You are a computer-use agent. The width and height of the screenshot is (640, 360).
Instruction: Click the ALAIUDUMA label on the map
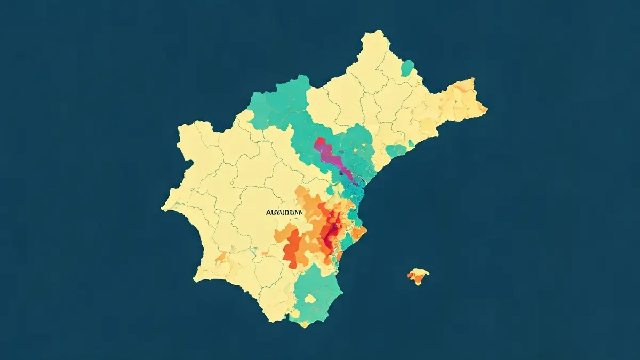(284, 212)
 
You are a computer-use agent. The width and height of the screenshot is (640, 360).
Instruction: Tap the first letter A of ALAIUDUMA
(268, 212)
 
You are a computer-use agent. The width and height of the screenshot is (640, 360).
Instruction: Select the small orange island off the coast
(418, 276)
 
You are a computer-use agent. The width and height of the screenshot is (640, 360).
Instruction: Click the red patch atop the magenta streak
(320, 142)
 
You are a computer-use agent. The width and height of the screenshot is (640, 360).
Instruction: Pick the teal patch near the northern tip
(407, 68)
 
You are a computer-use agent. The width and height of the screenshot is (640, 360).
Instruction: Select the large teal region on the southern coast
(317, 296)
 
